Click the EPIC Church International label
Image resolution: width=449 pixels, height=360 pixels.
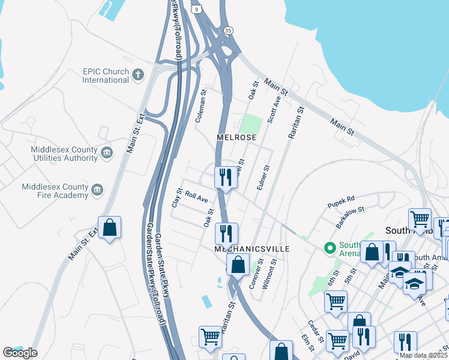106,76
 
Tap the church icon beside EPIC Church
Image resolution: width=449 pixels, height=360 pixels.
139,75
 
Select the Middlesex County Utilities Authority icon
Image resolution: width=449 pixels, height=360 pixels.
107,153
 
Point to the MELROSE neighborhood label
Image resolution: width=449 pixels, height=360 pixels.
237,137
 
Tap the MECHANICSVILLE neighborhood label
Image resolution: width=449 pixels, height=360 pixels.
252,248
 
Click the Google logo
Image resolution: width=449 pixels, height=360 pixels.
20,353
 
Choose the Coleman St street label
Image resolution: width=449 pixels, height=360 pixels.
200,107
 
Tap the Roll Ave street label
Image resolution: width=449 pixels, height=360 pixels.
196,196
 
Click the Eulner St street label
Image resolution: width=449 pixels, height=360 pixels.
261,179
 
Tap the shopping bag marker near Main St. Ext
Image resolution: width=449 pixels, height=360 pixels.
109,228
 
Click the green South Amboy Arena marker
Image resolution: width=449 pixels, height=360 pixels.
329,247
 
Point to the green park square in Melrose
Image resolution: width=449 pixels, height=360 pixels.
252,124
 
